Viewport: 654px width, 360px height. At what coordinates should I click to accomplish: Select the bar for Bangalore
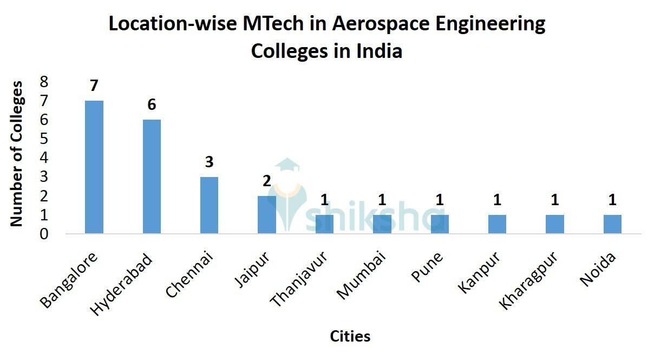click(94, 167)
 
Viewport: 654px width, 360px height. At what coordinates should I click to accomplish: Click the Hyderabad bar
click(152, 176)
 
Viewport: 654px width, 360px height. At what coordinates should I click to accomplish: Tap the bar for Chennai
click(209, 205)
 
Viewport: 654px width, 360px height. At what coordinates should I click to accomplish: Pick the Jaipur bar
click(267, 214)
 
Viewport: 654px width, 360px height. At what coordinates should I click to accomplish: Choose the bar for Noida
click(612, 224)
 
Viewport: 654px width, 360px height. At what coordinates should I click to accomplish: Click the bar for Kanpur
click(497, 224)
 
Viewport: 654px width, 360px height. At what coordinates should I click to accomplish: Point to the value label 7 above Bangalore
click(94, 86)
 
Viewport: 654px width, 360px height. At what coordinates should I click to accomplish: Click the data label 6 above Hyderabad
click(152, 104)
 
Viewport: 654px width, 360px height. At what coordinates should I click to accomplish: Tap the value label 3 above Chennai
click(209, 162)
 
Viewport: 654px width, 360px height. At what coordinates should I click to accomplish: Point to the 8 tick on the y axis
click(44, 82)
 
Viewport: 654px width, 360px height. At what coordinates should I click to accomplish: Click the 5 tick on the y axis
click(44, 139)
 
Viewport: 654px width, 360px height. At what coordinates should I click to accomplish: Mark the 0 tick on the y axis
click(44, 234)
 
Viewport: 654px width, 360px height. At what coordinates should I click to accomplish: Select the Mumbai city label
click(361, 274)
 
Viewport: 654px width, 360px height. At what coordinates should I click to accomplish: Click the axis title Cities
click(350, 336)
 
